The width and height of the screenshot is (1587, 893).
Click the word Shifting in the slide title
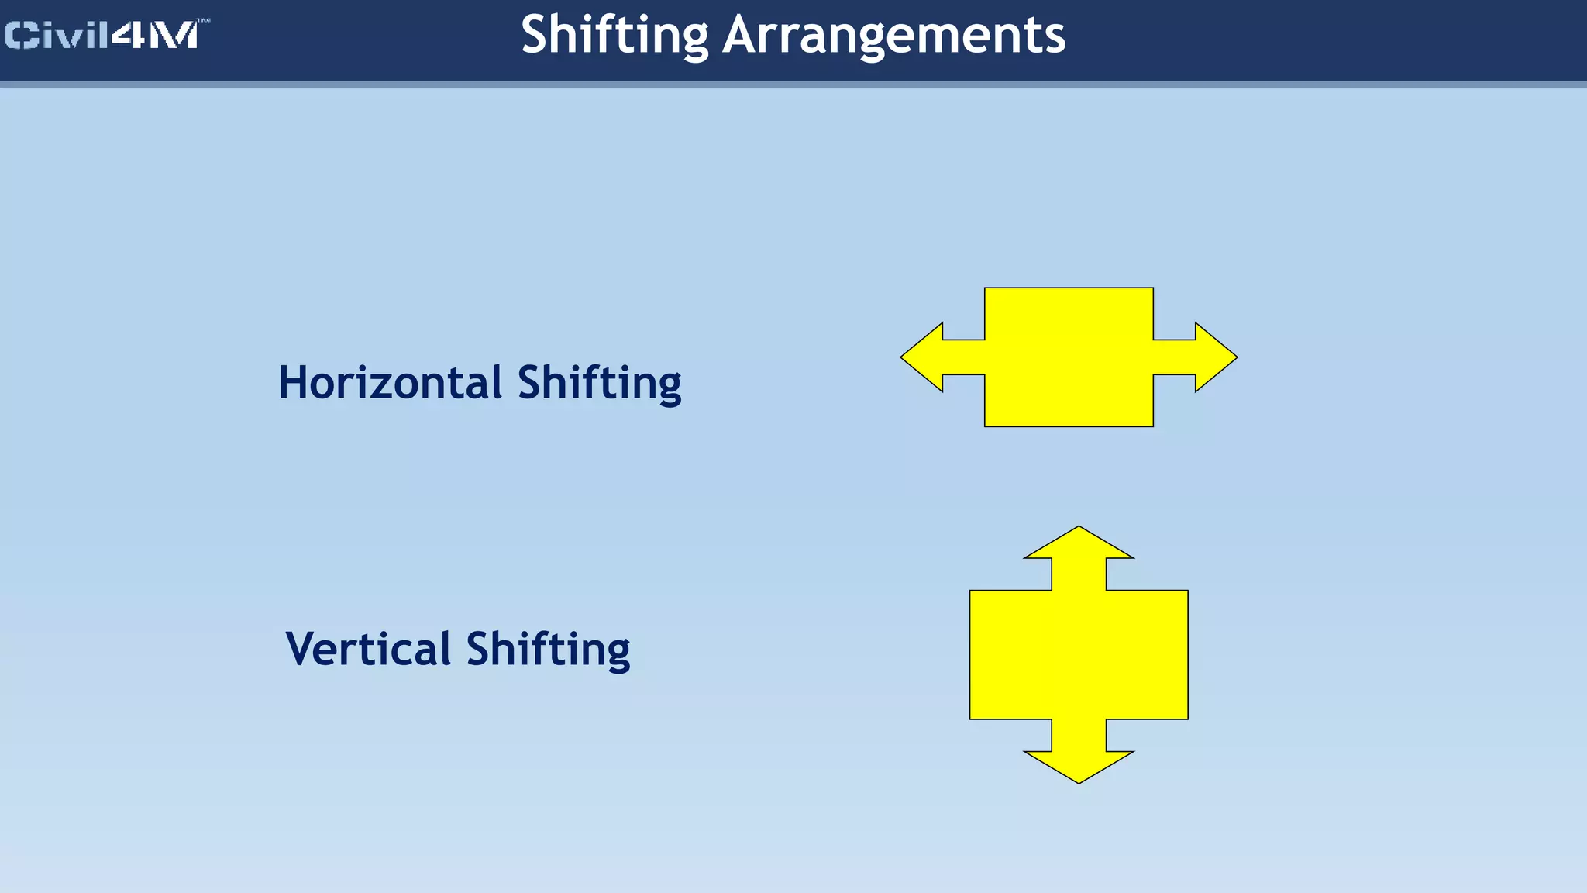pos(614,35)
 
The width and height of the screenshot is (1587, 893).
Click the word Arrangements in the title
pos(893,35)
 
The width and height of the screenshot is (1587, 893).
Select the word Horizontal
pos(391,383)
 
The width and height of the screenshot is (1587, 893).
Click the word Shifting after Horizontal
pos(599,383)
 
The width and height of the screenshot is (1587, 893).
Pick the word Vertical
pos(368,649)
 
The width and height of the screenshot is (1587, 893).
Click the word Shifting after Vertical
pos(548,649)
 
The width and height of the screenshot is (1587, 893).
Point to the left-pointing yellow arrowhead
pos(924,357)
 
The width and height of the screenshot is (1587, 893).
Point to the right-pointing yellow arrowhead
pos(1214,357)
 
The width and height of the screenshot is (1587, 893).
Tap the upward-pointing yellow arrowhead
pos(1079,543)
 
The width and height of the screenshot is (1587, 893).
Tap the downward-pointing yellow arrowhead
pos(1079,766)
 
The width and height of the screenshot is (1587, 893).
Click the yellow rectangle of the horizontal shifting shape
pos(1069,357)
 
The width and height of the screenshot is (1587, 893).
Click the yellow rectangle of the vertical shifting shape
pos(1079,655)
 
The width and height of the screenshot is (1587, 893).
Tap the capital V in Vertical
pos(301,649)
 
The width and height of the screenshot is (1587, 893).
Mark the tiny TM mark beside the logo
pos(205,22)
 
